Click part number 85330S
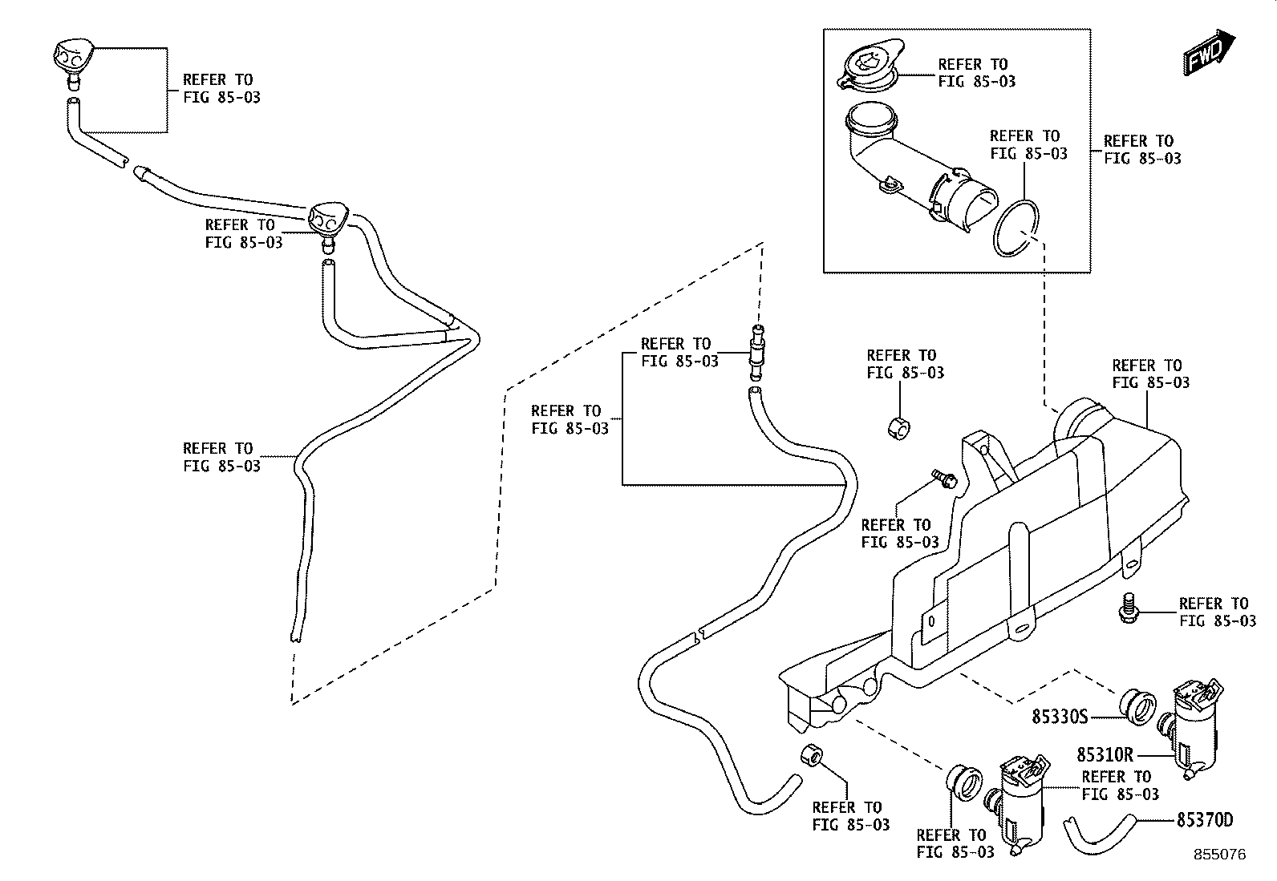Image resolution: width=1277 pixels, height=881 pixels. tap(1060, 717)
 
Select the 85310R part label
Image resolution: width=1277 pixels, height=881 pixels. tap(1105, 754)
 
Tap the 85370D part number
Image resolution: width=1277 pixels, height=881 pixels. tap(1205, 820)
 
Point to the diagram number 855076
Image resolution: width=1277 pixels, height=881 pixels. tap(1220, 855)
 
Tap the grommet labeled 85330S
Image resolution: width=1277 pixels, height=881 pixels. tap(1137, 706)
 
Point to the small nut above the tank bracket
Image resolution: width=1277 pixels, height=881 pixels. tap(899, 428)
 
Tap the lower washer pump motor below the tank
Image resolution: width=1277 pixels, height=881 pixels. tap(1018, 804)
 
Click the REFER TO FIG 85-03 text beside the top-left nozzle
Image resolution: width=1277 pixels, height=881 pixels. tap(221, 88)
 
